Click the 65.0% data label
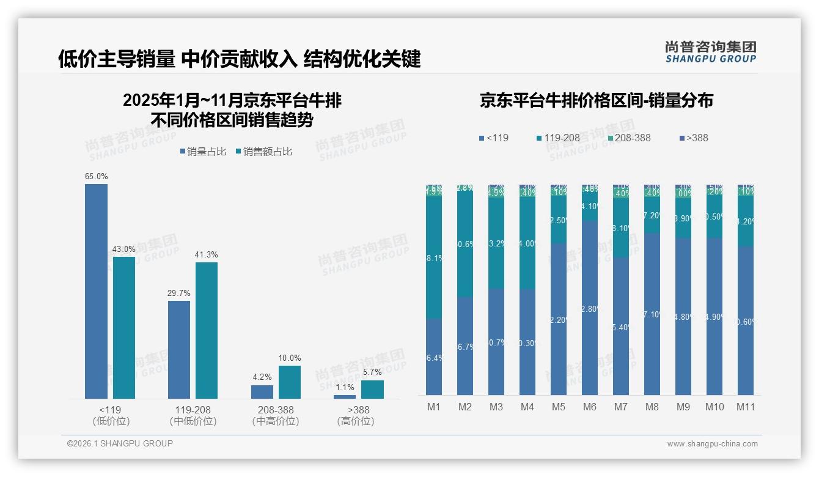point(96,176)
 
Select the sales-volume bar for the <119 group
point(96,291)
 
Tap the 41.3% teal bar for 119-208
point(207,330)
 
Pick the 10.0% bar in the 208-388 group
point(290,382)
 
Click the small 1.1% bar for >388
point(345,397)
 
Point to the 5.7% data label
point(372,372)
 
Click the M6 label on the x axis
point(589,407)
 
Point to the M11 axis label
point(745,407)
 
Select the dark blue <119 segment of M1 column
point(434,357)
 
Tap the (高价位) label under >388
point(355,421)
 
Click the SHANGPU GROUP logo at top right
point(710,52)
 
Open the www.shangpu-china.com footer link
point(712,444)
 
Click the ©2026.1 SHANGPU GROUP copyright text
point(120,443)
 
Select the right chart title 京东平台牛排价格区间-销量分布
point(596,100)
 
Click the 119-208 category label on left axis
point(193,410)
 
